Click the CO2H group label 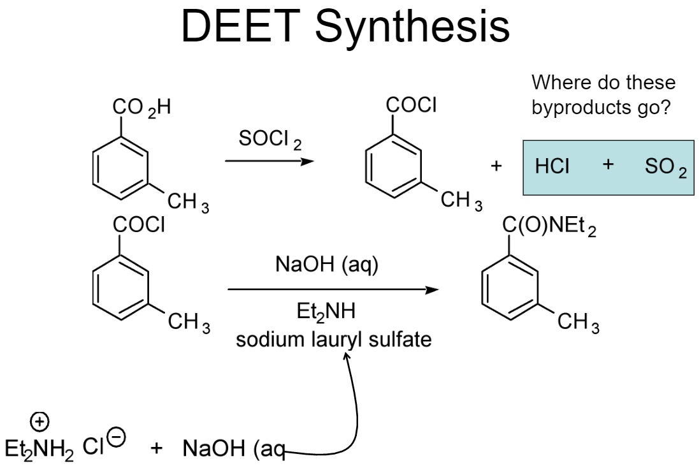click(x=141, y=108)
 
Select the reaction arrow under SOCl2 click(x=270, y=161)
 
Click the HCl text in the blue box click(x=552, y=167)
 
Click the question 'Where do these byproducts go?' click(x=603, y=95)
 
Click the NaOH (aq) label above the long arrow click(x=327, y=265)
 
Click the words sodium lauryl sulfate click(x=333, y=339)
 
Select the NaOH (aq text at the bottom click(x=233, y=448)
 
